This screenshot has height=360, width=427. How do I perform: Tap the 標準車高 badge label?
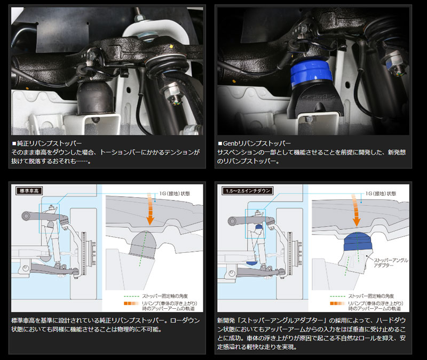tap(29, 191)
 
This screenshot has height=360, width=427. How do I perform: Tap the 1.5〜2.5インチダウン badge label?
tap(248, 191)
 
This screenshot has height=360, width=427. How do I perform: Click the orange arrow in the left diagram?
tap(151, 209)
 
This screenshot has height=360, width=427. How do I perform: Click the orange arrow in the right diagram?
tap(356, 210)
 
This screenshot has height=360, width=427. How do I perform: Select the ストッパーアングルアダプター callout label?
tap(391, 262)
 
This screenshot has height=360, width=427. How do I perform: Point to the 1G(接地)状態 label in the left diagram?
tap(175, 194)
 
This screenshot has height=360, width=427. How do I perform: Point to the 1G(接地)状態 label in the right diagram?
tap(381, 194)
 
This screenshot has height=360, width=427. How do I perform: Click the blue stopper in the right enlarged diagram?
tap(358, 242)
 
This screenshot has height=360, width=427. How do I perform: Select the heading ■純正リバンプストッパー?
tap(46, 143)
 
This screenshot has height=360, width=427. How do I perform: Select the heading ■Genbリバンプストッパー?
tap(255, 143)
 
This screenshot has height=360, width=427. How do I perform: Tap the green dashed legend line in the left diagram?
tap(131, 297)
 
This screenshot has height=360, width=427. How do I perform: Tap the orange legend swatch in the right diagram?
tap(337, 303)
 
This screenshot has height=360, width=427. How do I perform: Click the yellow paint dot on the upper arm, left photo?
tap(171, 46)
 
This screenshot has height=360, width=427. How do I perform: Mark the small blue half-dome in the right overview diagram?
tap(252, 263)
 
